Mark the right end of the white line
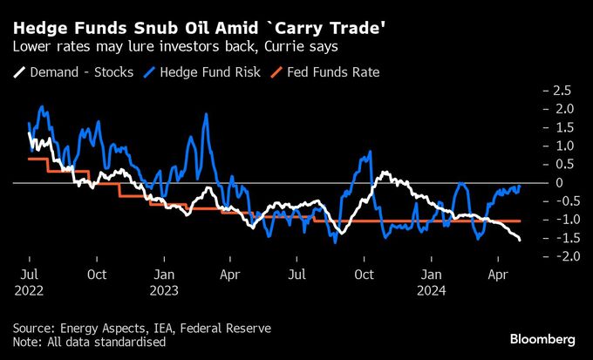(x=521, y=240)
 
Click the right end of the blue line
(x=521, y=186)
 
